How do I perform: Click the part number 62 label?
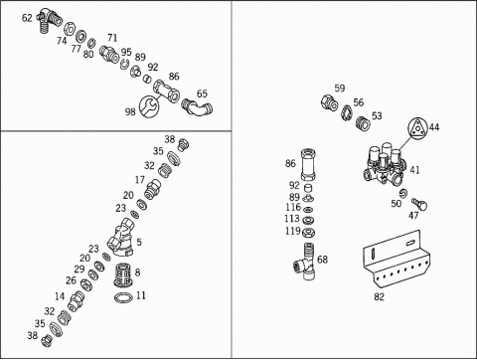tap(27, 18)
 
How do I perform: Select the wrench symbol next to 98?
tap(149, 106)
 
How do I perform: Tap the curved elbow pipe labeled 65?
tap(198, 107)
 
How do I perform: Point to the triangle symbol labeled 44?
tap(418, 127)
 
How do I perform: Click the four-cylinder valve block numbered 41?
tap(386, 163)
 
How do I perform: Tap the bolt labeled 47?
tap(419, 204)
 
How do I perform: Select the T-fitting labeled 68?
tap(305, 261)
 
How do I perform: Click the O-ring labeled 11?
tap(123, 297)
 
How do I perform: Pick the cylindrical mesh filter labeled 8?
tap(123, 274)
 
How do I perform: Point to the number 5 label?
tap(139, 242)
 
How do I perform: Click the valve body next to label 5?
tap(120, 237)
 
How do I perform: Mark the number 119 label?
tap(293, 231)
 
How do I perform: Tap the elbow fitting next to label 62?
tap(50, 20)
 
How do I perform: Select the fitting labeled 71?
tap(109, 54)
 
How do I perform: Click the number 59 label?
tap(340, 89)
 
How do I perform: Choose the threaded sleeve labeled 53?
tap(364, 122)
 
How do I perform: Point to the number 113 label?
tap(292, 219)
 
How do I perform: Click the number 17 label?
tap(140, 180)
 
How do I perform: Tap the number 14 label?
tap(60, 296)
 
